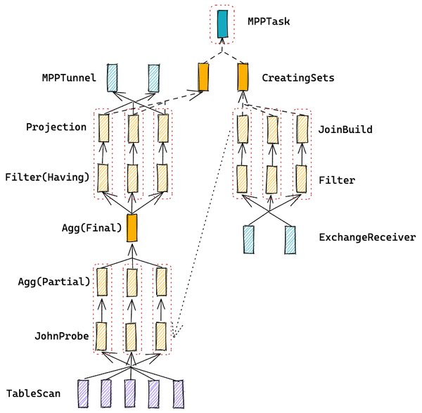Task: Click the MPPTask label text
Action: tap(269, 21)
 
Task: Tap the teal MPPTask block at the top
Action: tap(222, 24)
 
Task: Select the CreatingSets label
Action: tap(298, 78)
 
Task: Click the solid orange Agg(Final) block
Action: tap(132, 228)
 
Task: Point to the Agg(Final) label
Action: tap(91, 228)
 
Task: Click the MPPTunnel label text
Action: tap(69, 78)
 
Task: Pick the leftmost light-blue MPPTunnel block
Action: tap(113, 78)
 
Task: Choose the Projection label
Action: tap(56, 127)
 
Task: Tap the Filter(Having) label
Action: tap(47, 177)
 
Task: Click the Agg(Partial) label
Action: tap(54, 282)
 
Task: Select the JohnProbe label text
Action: tap(62, 336)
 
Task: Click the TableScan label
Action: tap(33, 393)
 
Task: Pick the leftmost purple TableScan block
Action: tap(83, 393)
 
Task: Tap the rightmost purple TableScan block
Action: tap(179, 394)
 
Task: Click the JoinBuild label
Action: tap(345, 129)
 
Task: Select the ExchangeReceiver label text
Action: tap(367, 238)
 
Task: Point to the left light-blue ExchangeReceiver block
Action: tap(249, 240)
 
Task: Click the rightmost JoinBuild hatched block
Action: tap(302, 129)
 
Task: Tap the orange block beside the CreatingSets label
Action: tap(243, 77)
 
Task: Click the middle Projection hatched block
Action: tap(134, 129)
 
